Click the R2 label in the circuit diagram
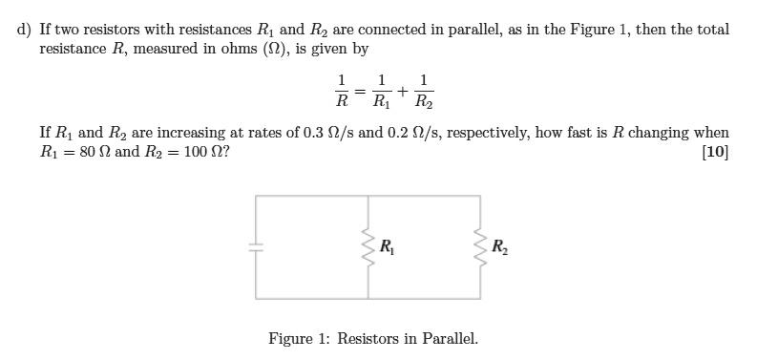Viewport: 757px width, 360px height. pyautogui.click(x=500, y=246)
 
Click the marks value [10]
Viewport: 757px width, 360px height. pyautogui.click(x=714, y=153)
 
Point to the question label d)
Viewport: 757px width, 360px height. pyautogui.click(x=25, y=30)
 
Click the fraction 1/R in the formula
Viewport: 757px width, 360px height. pyautogui.click(x=339, y=92)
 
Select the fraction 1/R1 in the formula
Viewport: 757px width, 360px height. pyautogui.click(x=381, y=92)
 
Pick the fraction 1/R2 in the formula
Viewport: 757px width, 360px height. pyautogui.click(x=424, y=92)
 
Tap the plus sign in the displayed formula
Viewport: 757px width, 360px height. pyautogui.click(x=403, y=92)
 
